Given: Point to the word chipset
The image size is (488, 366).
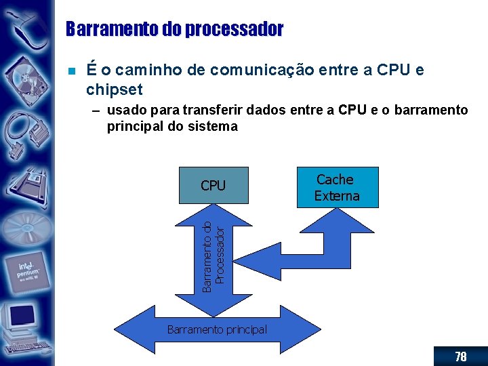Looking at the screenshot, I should [x=115, y=90].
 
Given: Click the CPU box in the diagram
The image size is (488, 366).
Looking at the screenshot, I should [x=213, y=185].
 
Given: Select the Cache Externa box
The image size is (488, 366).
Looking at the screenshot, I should [x=337, y=187].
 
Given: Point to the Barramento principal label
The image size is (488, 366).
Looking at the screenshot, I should [x=217, y=330].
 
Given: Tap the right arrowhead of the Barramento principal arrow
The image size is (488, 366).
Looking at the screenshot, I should [x=302, y=330].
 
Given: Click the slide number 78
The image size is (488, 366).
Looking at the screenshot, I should [x=461, y=357].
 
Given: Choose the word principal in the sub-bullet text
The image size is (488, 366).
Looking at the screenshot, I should [x=134, y=126].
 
